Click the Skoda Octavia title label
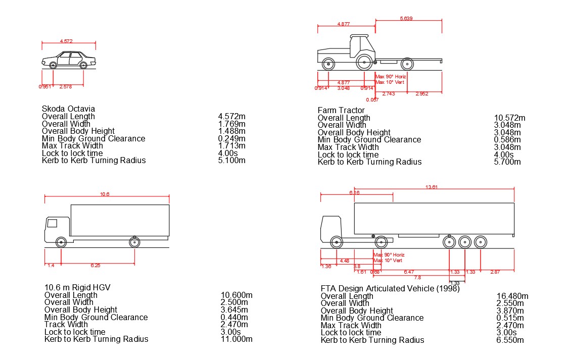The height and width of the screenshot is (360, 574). click(x=68, y=109)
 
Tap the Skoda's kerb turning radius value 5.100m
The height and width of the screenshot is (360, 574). click(x=231, y=161)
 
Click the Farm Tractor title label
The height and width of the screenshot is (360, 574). click(x=341, y=111)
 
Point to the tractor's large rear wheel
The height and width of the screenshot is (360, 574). click(x=364, y=63)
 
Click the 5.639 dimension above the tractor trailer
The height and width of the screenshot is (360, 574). click(x=406, y=19)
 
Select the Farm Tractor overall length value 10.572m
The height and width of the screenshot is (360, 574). click(x=509, y=118)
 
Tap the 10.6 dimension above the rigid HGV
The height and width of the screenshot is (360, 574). click(x=105, y=194)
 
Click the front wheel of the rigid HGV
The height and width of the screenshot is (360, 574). click(x=61, y=242)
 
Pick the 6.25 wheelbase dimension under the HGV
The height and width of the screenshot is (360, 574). click(x=95, y=265)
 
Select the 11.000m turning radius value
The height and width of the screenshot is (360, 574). click(x=236, y=339)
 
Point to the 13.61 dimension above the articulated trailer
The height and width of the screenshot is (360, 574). click(x=431, y=187)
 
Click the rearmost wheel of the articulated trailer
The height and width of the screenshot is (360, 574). click(x=480, y=242)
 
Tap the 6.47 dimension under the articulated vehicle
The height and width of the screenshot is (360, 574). click(x=409, y=272)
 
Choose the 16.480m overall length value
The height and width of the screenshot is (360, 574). click(x=512, y=296)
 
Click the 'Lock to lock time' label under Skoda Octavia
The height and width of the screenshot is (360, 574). click(x=72, y=153)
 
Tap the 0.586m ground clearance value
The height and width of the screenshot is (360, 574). click(x=507, y=140)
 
